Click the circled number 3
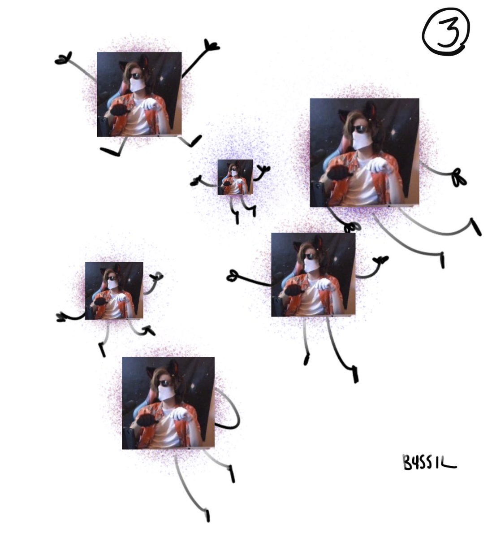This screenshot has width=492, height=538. point(445,32)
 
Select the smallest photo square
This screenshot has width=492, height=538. point(235,177)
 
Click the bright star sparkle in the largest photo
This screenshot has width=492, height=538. point(393,133)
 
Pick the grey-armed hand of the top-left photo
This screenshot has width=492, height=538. point(63,58)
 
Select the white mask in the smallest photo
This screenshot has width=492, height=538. point(235,173)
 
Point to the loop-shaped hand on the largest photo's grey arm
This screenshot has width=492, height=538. point(459,178)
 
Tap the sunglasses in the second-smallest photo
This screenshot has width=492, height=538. point(112,278)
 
